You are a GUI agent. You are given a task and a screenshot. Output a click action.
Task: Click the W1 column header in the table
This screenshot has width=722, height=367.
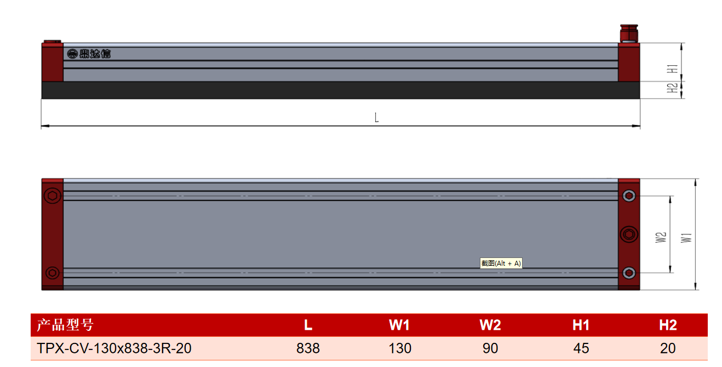click(399, 325)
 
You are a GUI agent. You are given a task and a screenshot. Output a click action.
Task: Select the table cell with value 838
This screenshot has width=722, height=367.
click(308, 348)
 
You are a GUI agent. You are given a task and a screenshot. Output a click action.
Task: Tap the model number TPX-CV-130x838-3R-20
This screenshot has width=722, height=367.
click(114, 348)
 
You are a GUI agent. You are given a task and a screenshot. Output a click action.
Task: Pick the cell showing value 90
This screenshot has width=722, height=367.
click(490, 348)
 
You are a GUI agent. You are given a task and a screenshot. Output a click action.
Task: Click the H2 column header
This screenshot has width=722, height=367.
click(668, 325)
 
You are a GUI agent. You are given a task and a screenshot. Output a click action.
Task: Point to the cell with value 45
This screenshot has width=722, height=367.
click(581, 348)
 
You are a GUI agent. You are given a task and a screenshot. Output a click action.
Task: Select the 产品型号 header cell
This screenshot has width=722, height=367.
click(65, 324)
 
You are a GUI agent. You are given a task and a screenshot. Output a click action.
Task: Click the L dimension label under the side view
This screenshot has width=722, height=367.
click(376, 117)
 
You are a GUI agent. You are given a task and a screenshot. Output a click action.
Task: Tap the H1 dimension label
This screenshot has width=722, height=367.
click(672, 68)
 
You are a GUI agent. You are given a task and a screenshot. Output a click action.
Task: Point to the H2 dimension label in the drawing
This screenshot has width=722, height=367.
click(672, 88)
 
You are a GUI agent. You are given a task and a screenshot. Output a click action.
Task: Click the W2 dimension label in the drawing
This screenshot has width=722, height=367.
click(661, 237)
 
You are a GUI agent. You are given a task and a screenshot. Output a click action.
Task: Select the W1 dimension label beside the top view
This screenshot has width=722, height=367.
click(686, 238)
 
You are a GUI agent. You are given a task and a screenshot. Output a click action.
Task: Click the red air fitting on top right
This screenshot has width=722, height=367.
click(629, 33)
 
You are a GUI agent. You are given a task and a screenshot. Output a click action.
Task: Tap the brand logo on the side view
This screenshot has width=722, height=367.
click(89, 54)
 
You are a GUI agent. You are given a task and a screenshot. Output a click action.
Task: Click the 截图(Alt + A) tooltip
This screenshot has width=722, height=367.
click(501, 263)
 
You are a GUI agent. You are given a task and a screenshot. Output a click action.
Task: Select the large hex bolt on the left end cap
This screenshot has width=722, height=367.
click(52, 196)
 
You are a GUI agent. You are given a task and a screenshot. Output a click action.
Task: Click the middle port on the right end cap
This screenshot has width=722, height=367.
click(629, 234)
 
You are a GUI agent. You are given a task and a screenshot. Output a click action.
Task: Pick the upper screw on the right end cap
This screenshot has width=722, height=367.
click(629, 196)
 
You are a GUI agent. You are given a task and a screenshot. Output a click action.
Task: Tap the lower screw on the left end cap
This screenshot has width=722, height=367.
click(52, 273)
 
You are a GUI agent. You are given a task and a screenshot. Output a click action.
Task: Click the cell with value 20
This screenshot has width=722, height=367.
click(668, 348)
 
